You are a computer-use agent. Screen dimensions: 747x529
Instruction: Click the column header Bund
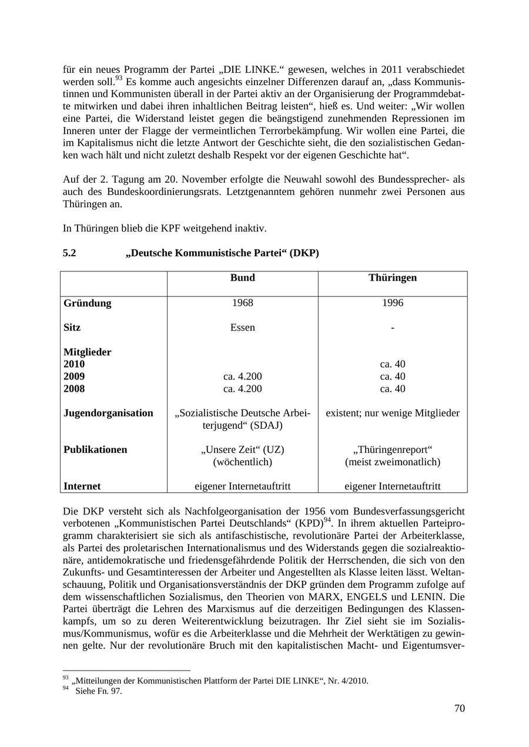(x=242, y=278)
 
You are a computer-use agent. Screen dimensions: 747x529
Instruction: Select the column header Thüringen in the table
(x=392, y=278)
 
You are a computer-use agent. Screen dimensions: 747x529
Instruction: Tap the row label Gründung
(x=87, y=304)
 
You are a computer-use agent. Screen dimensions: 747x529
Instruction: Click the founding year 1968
(x=242, y=303)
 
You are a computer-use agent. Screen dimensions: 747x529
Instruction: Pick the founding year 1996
(x=392, y=303)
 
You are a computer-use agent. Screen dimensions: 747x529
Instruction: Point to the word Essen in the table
(x=242, y=328)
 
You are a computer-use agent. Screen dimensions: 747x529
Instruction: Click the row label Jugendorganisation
(x=108, y=413)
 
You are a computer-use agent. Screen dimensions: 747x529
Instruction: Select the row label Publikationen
(x=95, y=450)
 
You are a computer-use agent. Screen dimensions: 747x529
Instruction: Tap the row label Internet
(x=82, y=486)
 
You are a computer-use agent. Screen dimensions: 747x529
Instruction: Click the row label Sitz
(x=72, y=328)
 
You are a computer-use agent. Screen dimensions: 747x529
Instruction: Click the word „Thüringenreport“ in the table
(x=392, y=450)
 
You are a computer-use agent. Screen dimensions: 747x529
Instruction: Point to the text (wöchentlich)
(x=242, y=462)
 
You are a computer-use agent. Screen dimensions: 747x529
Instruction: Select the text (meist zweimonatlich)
(x=392, y=462)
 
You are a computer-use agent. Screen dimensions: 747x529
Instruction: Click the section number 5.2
(x=69, y=253)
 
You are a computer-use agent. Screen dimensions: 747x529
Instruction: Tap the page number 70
(x=459, y=709)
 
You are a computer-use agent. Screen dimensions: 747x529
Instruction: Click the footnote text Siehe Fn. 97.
(x=98, y=691)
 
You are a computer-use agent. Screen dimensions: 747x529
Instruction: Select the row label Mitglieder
(x=87, y=352)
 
